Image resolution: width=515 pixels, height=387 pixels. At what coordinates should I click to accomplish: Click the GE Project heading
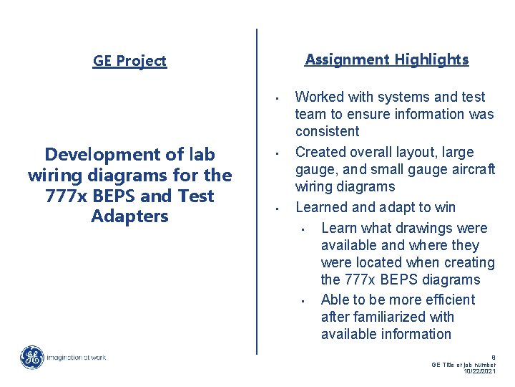point(129,61)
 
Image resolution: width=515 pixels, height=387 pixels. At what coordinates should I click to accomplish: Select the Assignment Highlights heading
point(387,59)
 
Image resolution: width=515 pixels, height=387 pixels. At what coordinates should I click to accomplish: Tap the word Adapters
point(129,216)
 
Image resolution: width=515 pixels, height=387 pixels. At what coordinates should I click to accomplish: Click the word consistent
point(328,131)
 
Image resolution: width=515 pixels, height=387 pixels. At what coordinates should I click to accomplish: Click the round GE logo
point(31,357)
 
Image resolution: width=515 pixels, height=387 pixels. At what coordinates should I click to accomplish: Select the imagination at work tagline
point(77,357)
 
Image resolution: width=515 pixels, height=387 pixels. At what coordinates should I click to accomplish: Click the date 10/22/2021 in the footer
point(480,371)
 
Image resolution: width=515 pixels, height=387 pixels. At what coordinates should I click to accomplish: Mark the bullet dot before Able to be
point(303,301)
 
